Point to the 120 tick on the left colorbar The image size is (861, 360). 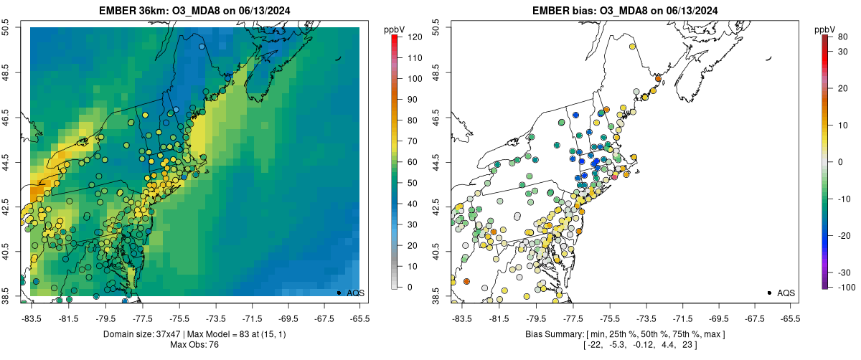pyautogui.click(x=413, y=37)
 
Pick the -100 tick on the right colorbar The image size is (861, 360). pyautogui.click(x=845, y=287)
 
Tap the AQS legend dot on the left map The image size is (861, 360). pyautogui.click(x=339, y=293)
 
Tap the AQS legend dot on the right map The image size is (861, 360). pyautogui.click(x=769, y=293)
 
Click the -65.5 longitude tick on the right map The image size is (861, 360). pyautogui.click(x=789, y=316)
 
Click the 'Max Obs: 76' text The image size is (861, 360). pyautogui.click(x=194, y=345)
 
